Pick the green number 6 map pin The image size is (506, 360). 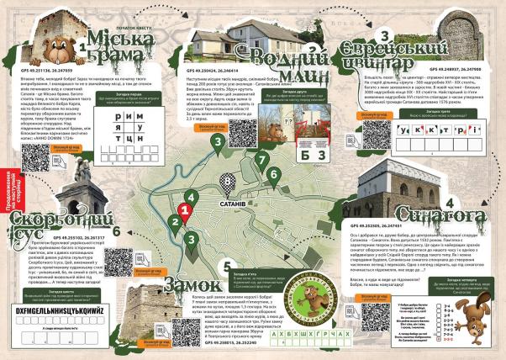click(x=273, y=175)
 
